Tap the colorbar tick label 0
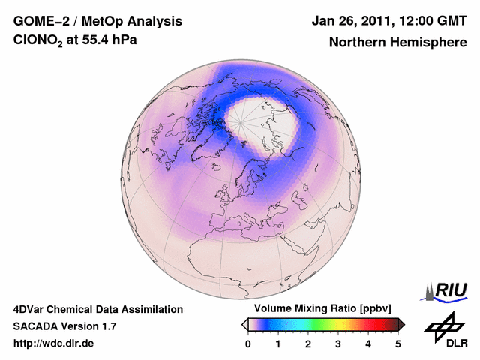point(248,343)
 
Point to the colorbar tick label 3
point(338,343)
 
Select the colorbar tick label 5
point(398,343)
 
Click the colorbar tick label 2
point(308,343)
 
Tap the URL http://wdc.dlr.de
point(54,343)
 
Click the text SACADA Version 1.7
point(64,326)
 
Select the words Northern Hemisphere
point(397,43)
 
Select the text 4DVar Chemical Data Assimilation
point(98,309)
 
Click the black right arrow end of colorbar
point(401,324)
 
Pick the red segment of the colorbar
point(367,324)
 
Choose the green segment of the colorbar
point(319,324)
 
